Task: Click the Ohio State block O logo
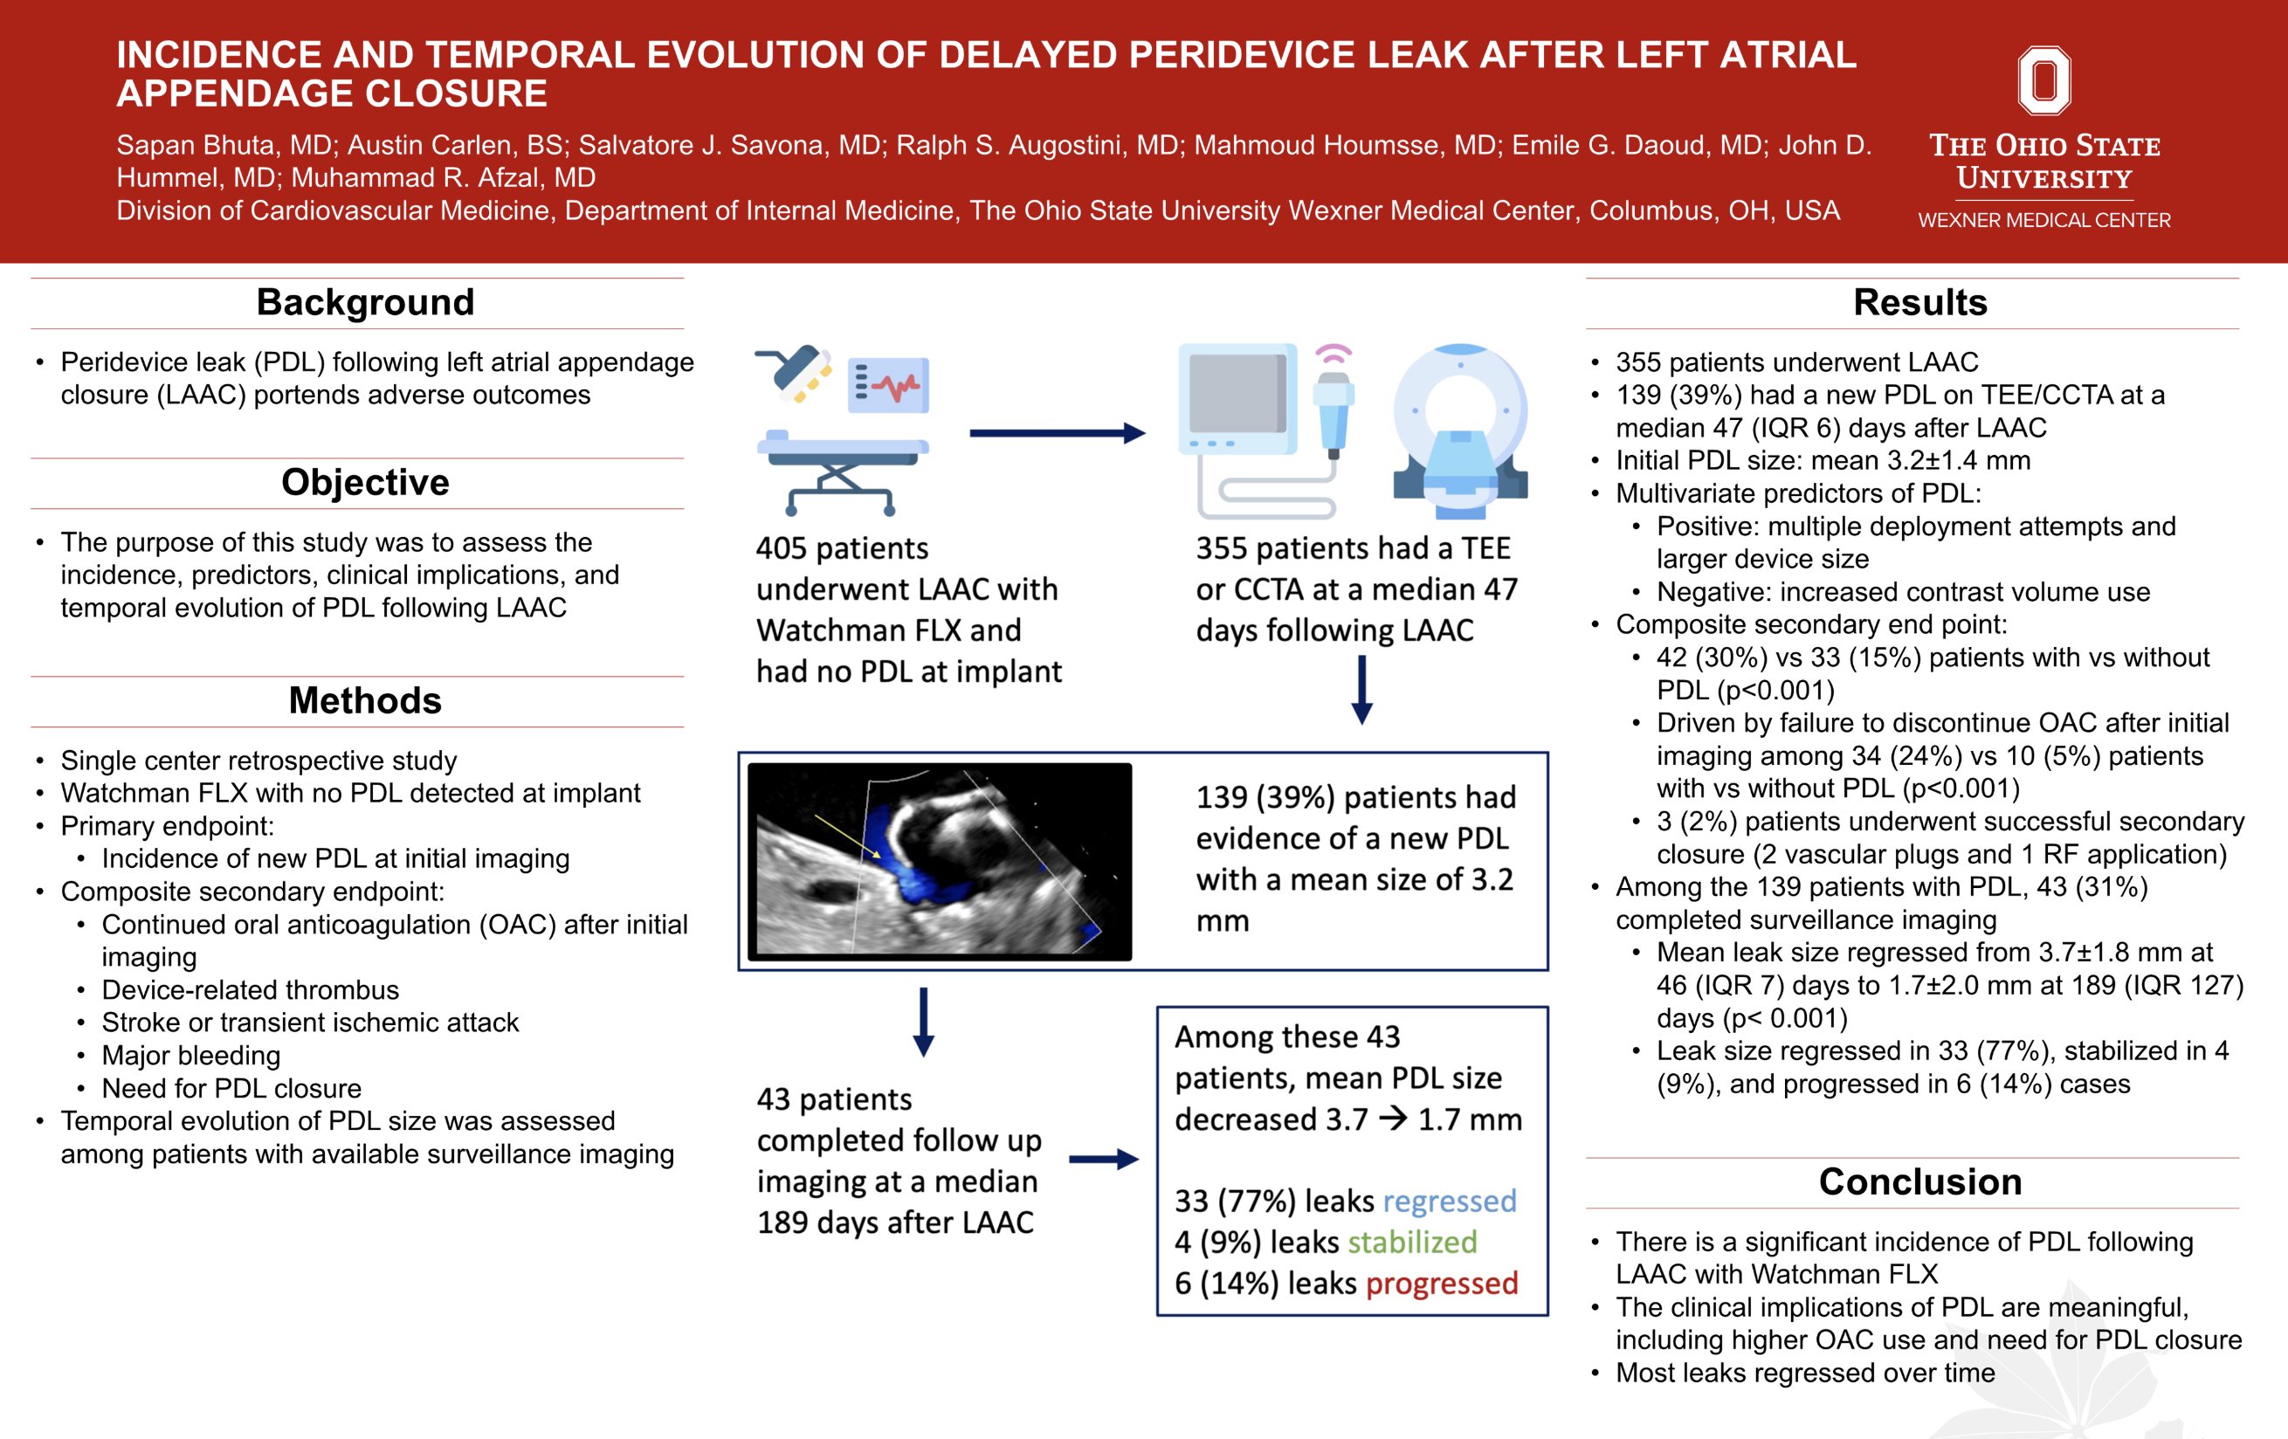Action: [x=2043, y=80]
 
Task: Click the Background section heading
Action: [x=365, y=302]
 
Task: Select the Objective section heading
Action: [x=365, y=483]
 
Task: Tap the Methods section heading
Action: [x=365, y=701]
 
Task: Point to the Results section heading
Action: [x=1919, y=302]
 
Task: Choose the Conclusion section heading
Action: [x=1919, y=1181]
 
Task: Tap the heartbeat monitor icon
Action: [x=888, y=386]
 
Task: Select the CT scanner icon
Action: [x=1460, y=432]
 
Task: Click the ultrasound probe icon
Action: [x=1334, y=409]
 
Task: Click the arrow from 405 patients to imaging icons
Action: [x=1056, y=433]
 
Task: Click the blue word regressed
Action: [x=1449, y=1201]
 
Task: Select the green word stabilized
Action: [x=1412, y=1243]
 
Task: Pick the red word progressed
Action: [x=1442, y=1284]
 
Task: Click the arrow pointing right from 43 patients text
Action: [x=1103, y=1159]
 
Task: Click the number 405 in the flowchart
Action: [x=781, y=548]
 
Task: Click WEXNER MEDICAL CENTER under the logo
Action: [x=2043, y=220]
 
